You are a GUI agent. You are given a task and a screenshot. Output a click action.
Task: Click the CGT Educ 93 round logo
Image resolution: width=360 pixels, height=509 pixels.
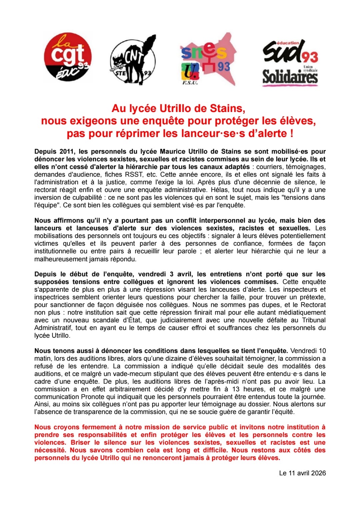(68, 57)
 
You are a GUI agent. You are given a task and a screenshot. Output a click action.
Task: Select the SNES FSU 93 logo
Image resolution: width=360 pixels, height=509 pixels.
(207, 60)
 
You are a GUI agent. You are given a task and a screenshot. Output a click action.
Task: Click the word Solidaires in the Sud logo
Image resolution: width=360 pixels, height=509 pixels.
(290, 77)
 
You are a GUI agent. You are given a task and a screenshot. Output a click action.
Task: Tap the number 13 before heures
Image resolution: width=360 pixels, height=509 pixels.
(236, 389)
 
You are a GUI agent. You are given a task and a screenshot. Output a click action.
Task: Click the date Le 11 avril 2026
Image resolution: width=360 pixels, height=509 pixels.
(302, 473)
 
